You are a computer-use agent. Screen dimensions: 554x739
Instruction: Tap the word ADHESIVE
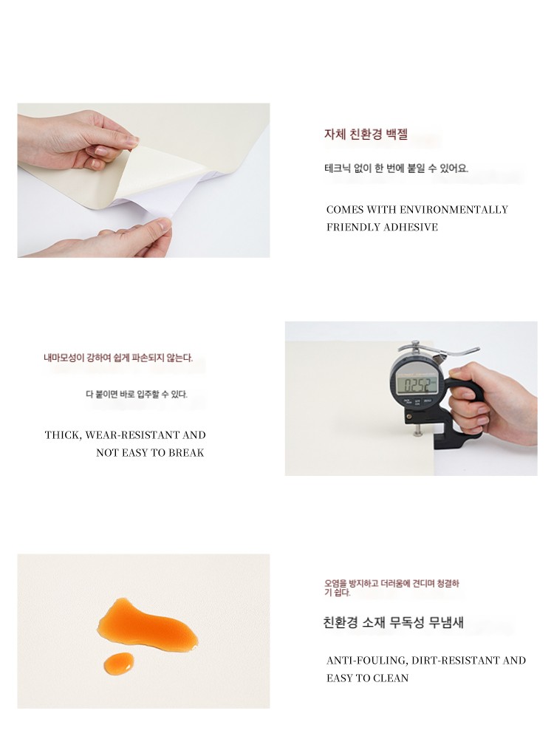click(410, 227)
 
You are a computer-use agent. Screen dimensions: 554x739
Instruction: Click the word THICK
click(63, 435)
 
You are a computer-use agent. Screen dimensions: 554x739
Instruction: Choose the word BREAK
click(186, 453)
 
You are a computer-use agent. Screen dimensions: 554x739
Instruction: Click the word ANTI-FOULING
click(367, 660)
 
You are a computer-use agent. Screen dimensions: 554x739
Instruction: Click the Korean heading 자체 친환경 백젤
click(366, 134)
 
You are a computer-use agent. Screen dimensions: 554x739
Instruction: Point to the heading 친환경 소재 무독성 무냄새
click(394, 622)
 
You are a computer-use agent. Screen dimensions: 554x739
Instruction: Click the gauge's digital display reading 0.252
click(417, 385)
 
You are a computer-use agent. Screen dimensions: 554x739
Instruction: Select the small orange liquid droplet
click(119, 664)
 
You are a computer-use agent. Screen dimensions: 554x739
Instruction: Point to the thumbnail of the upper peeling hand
click(78, 140)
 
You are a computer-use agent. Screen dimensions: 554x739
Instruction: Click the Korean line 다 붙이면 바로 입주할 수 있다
click(137, 394)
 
